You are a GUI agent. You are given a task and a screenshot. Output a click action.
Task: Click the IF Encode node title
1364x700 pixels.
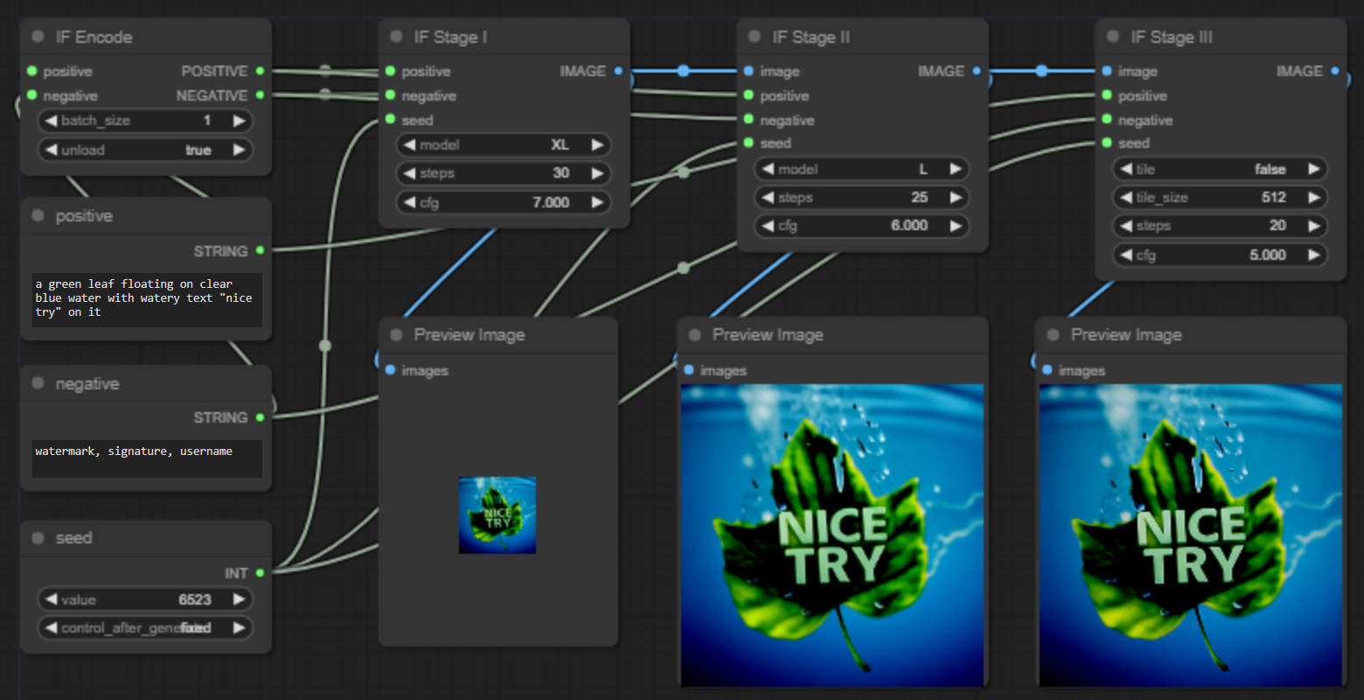94,37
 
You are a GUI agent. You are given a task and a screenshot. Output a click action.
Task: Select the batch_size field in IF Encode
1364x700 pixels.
145,121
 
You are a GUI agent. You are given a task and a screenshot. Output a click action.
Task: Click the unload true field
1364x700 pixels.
145,150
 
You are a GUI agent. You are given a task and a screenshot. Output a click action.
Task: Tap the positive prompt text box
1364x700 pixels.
146,298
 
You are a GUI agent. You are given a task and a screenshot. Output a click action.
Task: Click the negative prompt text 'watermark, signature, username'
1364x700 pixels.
134,451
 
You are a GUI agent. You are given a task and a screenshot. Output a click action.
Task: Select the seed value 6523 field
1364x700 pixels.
145,599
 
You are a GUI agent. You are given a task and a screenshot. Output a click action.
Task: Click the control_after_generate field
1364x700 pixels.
145,627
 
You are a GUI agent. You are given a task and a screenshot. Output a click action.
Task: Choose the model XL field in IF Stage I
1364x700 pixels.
504,145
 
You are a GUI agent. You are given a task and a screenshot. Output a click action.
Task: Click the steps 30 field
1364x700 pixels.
504,173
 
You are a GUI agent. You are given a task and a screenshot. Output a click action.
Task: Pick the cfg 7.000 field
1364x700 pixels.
504,202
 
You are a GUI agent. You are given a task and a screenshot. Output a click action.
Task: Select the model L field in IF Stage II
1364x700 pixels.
862,169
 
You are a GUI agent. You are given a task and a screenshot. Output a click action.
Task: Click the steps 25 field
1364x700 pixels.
862,198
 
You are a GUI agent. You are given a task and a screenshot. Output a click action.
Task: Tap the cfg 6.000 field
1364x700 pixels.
862,226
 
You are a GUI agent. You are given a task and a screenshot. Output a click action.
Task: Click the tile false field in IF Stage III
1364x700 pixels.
1221,169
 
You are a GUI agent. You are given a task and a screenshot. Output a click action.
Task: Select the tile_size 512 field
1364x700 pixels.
1221,198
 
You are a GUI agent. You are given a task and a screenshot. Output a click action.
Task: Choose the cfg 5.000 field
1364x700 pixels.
1221,255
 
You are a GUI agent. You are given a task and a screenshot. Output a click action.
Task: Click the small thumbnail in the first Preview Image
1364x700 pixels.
498,514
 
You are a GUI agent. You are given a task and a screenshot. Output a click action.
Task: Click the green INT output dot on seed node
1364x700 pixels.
260,573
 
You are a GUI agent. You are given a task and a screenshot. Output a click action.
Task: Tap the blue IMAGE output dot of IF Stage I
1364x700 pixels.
618,71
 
